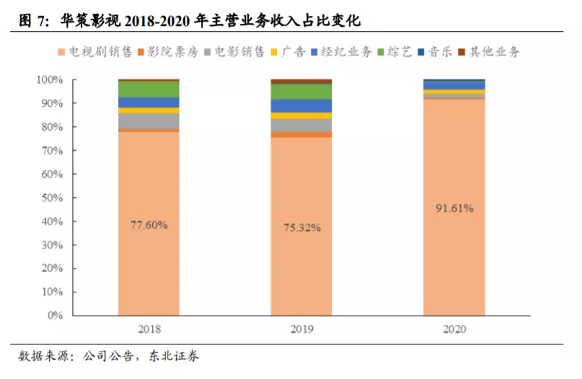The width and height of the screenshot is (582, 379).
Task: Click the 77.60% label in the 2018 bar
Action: tap(149, 225)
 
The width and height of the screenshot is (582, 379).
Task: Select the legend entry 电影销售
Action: tap(237, 52)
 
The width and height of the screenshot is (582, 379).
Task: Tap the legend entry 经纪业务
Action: tap(345, 52)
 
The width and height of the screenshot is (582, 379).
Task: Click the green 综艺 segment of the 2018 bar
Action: tap(149, 89)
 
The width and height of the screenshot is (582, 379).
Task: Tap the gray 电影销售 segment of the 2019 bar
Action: tap(301, 126)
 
